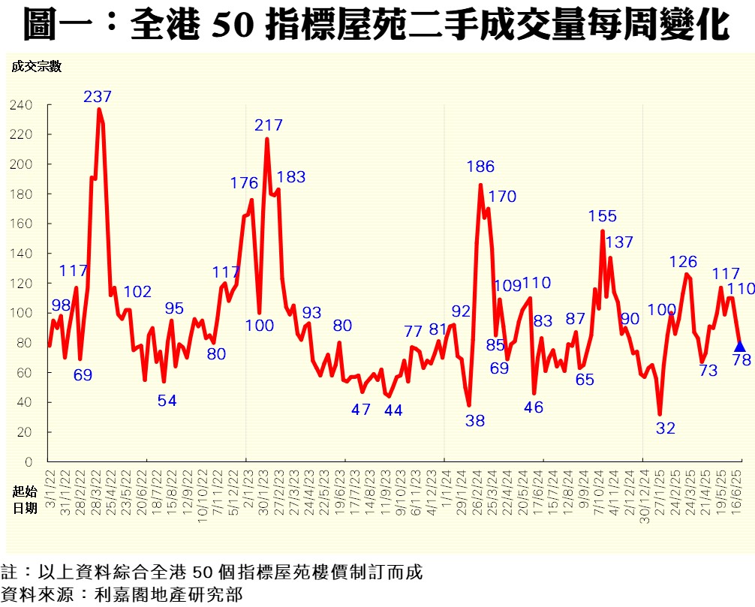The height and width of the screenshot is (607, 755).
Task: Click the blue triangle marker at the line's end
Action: coord(739,346)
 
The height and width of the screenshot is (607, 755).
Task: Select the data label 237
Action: coord(98,97)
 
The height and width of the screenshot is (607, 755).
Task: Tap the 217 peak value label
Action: coord(268,125)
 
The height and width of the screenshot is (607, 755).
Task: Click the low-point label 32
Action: coord(666,428)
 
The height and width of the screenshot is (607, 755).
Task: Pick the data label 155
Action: coord(602,217)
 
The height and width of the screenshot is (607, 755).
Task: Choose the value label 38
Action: coord(474,421)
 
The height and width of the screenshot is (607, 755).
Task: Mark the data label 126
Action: coord(683,262)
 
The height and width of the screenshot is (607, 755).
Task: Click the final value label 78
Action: coord(741,360)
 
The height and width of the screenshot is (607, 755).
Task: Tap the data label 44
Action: coord(393,410)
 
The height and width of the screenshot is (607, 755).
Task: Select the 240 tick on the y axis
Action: coord(21,105)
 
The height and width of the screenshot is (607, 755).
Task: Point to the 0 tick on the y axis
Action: coord(29,462)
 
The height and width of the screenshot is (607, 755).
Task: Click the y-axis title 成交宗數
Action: coord(36,66)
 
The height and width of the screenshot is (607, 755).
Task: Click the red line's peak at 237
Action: coord(99,110)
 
